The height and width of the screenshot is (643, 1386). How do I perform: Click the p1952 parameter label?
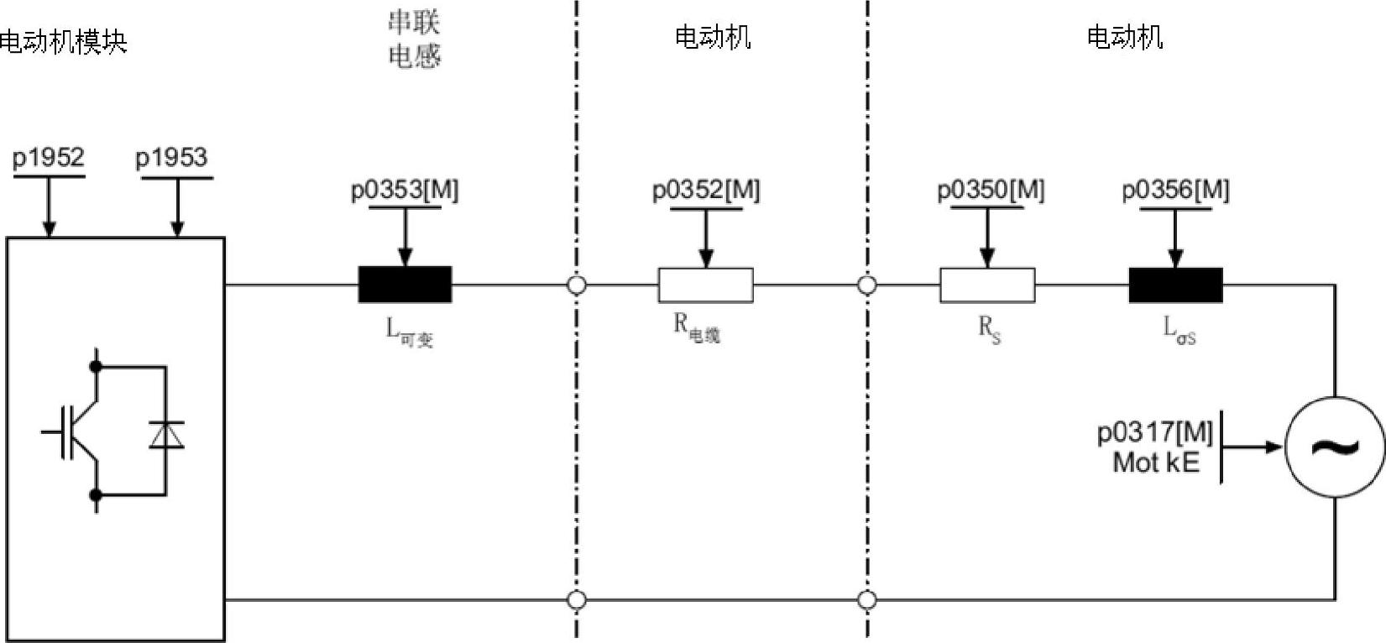pos(49,158)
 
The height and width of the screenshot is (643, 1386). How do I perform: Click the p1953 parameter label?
pos(171,158)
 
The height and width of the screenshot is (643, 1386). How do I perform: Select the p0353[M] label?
pos(405,191)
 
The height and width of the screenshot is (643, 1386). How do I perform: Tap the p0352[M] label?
pos(706,191)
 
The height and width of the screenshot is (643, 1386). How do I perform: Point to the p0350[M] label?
pos(991,191)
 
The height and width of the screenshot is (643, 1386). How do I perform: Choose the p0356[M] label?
pos(1175,191)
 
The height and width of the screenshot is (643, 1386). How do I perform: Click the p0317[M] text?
pos(1155,432)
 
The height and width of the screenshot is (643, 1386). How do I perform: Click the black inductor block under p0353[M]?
pos(405,285)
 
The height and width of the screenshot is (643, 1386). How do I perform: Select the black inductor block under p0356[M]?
pos(1175,285)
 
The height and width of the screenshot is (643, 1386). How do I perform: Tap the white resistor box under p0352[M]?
pos(705,285)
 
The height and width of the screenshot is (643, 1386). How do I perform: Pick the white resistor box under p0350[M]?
pos(987,285)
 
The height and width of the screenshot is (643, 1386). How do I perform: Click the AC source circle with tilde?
pos(1335,447)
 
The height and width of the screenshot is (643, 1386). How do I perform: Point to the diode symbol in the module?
pos(165,434)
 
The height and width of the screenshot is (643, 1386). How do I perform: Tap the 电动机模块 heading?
pos(63,41)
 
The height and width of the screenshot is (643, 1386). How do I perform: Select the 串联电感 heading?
pos(414,39)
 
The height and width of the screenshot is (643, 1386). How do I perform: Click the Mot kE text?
pos(1155,463)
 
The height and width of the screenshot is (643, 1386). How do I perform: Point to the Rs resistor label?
pos(990,329)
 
